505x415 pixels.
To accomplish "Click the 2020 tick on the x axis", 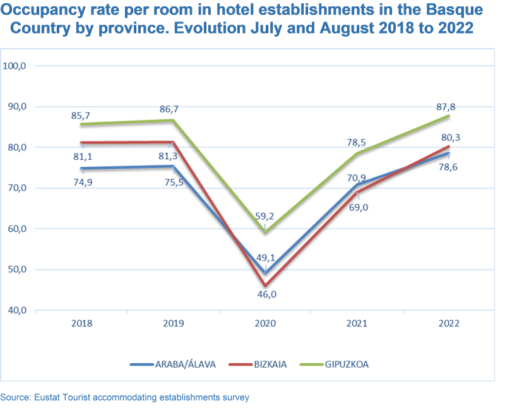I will [x=266, y=323].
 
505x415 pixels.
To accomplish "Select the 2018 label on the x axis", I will [x=82, y=323].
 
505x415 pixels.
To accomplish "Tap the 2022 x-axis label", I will [x=449, y=323].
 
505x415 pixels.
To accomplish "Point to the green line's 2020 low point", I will [x=266, y=232].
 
